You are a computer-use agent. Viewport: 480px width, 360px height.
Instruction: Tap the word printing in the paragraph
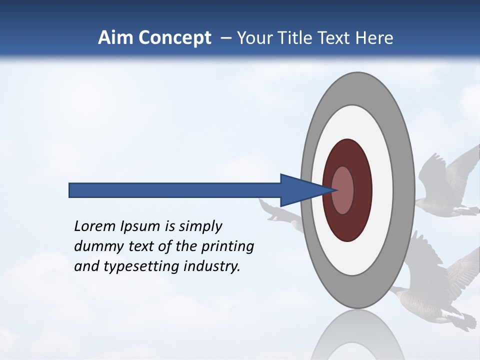coord(227,247)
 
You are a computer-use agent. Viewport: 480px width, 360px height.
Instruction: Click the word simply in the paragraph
coord(200,226)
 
